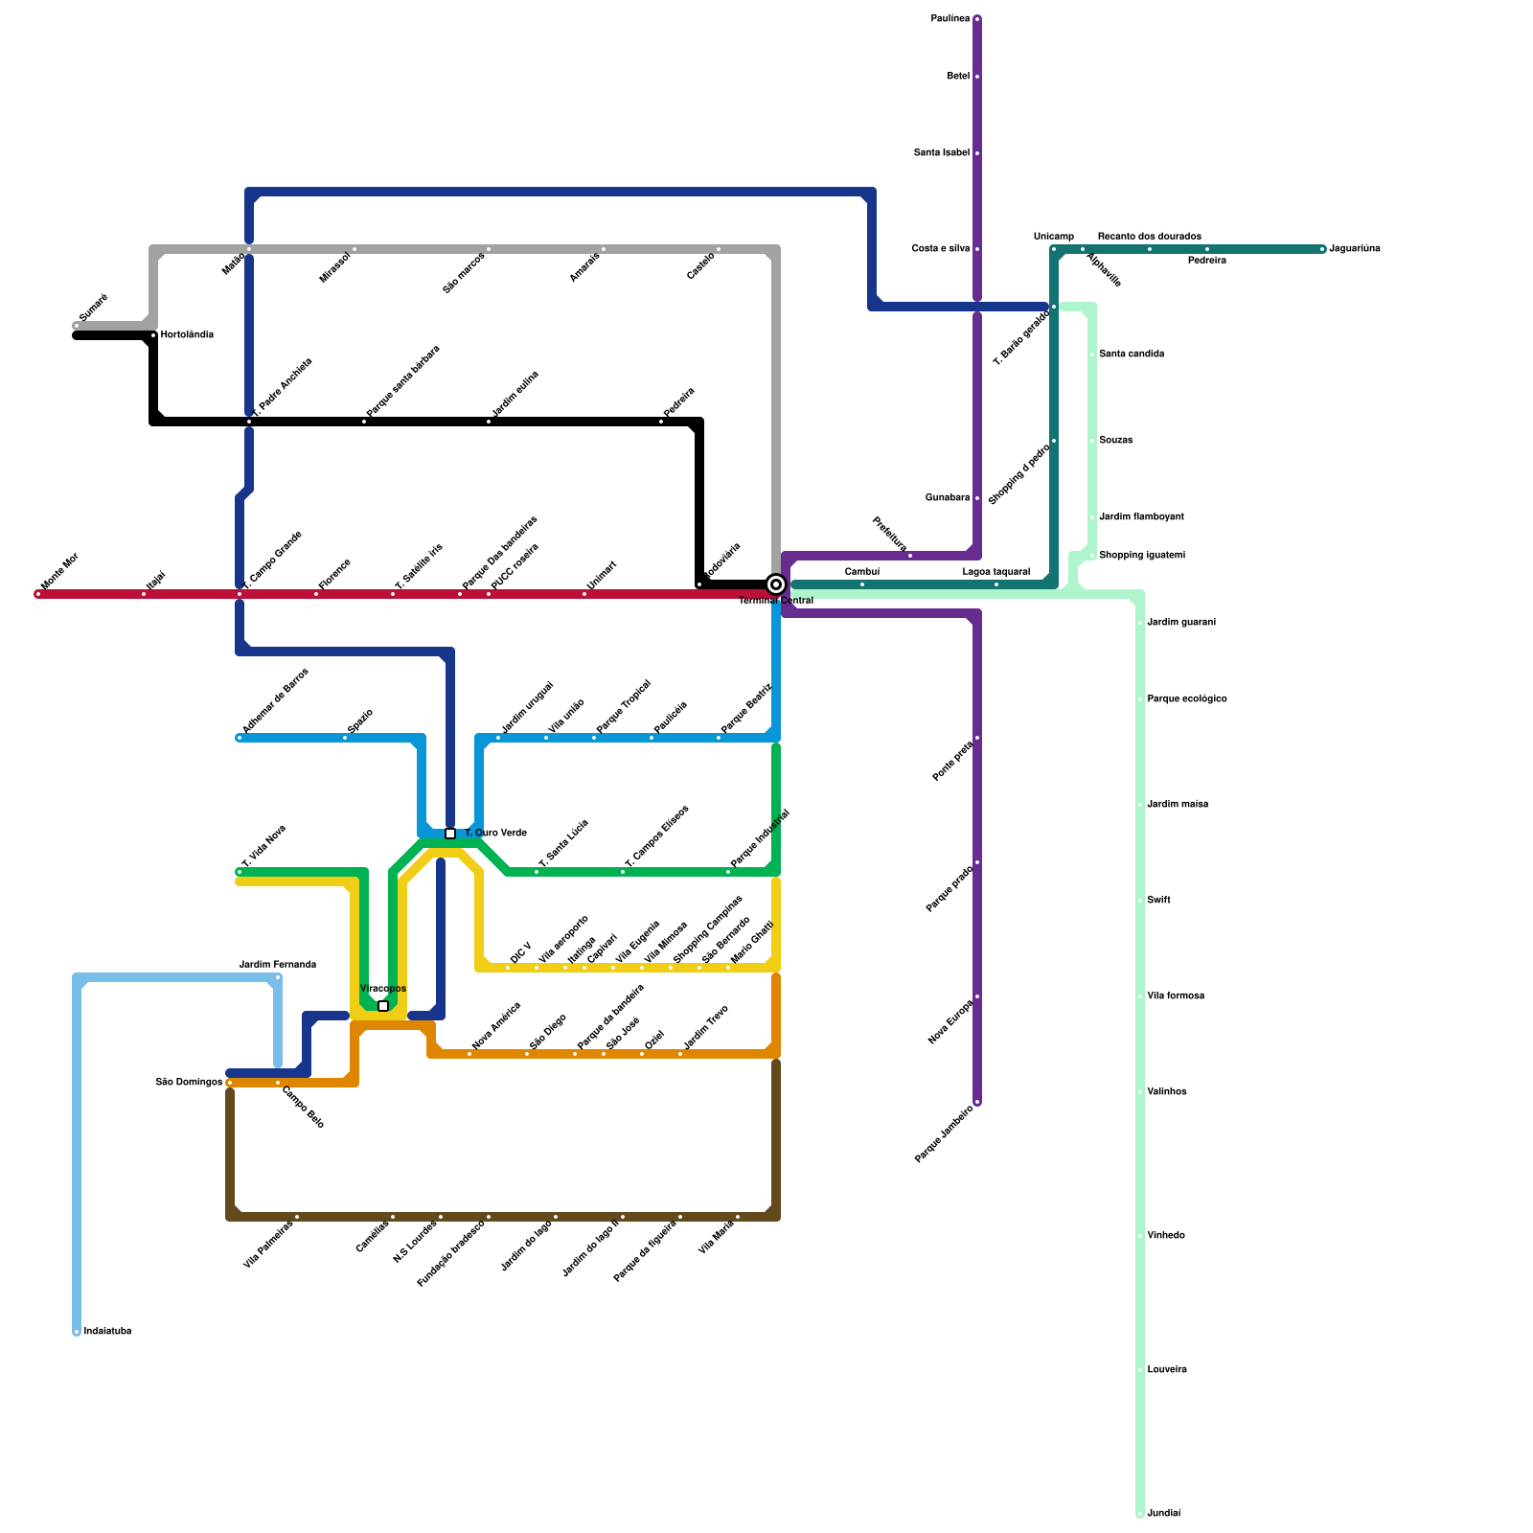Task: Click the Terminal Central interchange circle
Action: tap(776, 584)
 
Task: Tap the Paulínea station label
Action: tap(950, 19)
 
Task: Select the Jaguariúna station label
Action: tap(1355, 249)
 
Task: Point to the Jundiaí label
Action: tap(1164, 1514)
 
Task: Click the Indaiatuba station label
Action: tap(107, 1332)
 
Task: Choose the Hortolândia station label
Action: tap(187, 335)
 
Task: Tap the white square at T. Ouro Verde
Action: tap(450, 834)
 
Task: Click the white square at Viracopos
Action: tap(383, 1006)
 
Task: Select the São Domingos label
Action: tap(189, 1083)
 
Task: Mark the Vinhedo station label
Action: tap(1166, 1236)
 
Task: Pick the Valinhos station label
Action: tap(1167, 1092)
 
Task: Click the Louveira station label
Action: tap(1167, 1370)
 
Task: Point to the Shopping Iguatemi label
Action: tap(1142, 556)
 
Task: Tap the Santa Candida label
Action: tap(1132, 355)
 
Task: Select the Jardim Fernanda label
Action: tap(278, 965)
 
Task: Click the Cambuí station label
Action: tap(862, 572)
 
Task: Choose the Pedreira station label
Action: tap(1207, 261)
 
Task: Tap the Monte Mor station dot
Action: tap(38, 594)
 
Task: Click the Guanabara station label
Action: tap(948, 498)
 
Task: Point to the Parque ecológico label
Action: tap(1187, 699)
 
